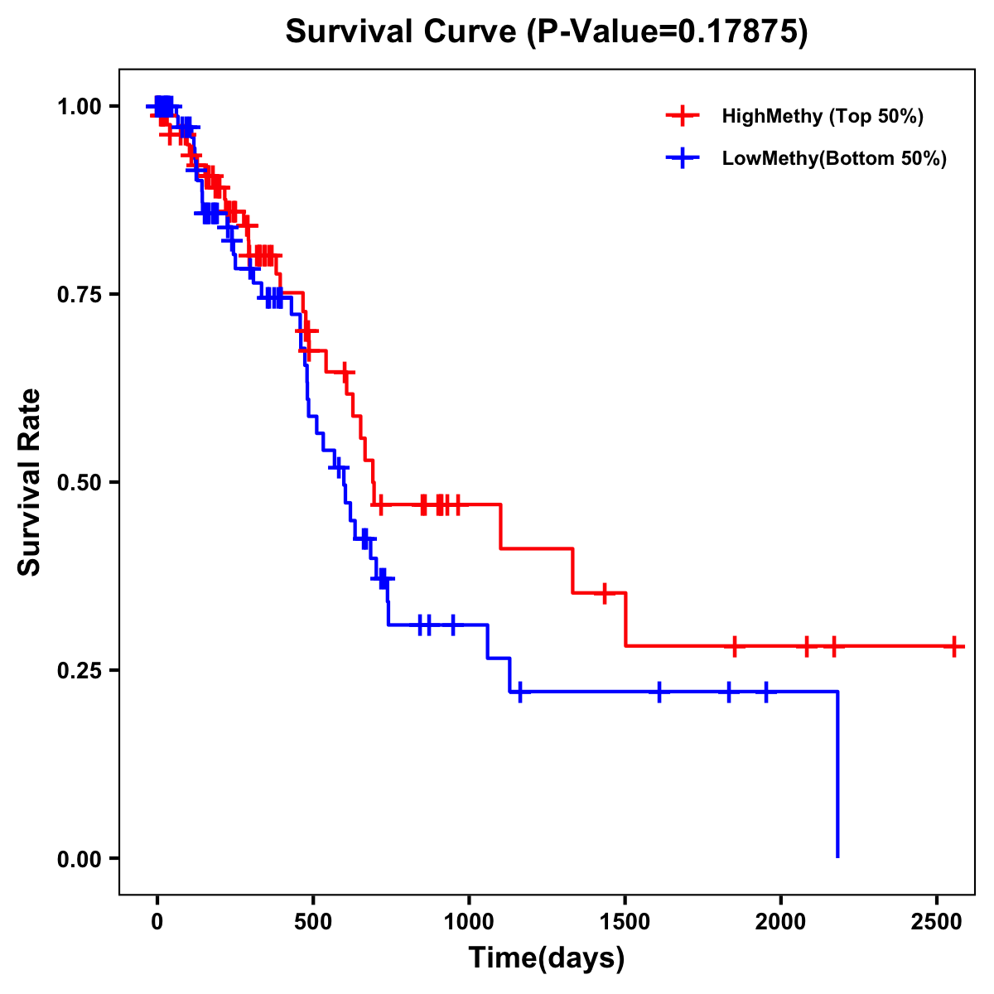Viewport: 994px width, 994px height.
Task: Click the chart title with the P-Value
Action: click(x=546, y=31)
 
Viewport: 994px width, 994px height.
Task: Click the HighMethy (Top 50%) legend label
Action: click(x=823, y=116)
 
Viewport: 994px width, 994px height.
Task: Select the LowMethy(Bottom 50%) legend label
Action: click(x=834, y=158)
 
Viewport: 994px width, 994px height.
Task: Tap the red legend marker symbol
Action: click(x=683, y=116)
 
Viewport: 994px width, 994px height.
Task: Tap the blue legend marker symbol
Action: click(x=683, y=158)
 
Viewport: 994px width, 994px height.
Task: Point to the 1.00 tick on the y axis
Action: click(x=80, y=107)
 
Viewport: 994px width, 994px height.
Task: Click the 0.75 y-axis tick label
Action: click(x=80, y=295)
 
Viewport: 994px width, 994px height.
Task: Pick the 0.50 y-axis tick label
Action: click(x=80, y=483)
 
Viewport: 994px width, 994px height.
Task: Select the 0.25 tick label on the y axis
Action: click(x=80, y=671)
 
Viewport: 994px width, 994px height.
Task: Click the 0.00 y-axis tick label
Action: click(x=80, y=859)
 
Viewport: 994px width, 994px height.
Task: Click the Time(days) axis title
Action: click(x=547, y=958)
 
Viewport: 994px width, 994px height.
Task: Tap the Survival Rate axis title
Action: click(x=30, y=482)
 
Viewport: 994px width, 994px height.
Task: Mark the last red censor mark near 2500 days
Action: click(x=954, y=646)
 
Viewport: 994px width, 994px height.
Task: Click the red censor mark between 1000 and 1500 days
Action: click(x=605, y=593)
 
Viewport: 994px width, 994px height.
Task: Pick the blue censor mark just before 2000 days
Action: click(x=765, y=691)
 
